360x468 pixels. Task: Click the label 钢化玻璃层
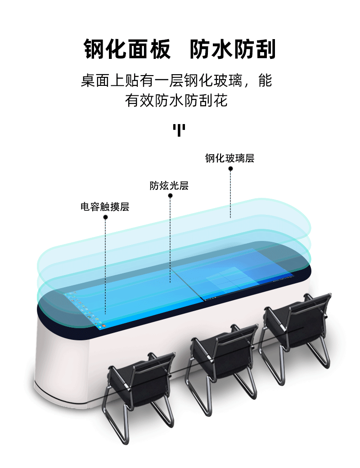230,158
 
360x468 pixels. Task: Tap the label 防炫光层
169,186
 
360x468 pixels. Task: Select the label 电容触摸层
105,207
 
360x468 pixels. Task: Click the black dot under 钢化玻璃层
230,169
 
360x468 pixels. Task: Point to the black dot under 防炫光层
170,196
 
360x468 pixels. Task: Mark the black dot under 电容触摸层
105,217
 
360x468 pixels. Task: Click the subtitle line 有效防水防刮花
176,100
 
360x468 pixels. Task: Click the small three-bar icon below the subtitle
179,130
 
